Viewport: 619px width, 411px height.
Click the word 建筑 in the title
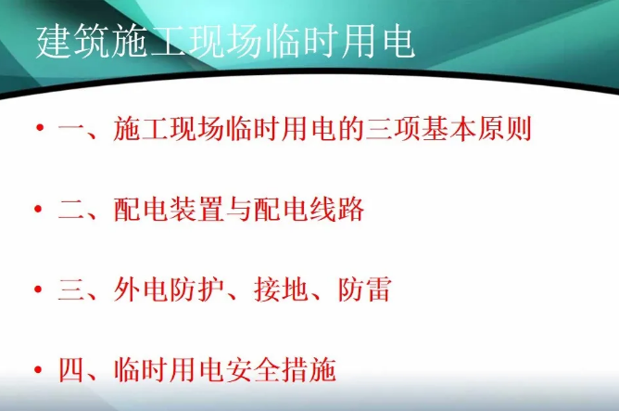click(x=72, y=42)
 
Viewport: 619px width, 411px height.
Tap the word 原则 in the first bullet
click(x=505, y=128)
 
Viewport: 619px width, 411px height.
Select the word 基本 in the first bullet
click(x=448, y=128)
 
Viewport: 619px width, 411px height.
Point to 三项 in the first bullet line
click(x=393, y=128)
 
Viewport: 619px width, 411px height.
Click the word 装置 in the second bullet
click(x=196, y=209)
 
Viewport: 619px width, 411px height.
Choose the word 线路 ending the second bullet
click(x=336, y=209)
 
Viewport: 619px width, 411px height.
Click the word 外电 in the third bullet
click(x=140, y=289)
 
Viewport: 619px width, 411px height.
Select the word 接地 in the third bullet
click(x=280, y=289)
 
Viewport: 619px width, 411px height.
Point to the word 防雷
click(x=365, y=289)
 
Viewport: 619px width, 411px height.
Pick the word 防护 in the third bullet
click(x=196, y=289)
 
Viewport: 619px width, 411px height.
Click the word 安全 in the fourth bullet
click(x=253, y=369)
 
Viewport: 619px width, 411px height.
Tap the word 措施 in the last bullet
click(x=309, y=369)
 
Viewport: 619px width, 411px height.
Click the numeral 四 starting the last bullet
click(x=71, y=369)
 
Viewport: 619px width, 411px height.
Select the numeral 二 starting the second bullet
click(x=71, y=210)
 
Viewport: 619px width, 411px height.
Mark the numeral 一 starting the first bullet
click(x=71, y=128)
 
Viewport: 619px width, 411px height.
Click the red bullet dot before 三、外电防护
click(x=38, y=289)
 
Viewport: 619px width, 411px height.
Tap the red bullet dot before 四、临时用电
click(x=38, y=369)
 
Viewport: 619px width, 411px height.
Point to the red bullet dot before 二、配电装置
click(x=38, y=208)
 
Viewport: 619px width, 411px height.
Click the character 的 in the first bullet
click(x=350, y=128)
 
